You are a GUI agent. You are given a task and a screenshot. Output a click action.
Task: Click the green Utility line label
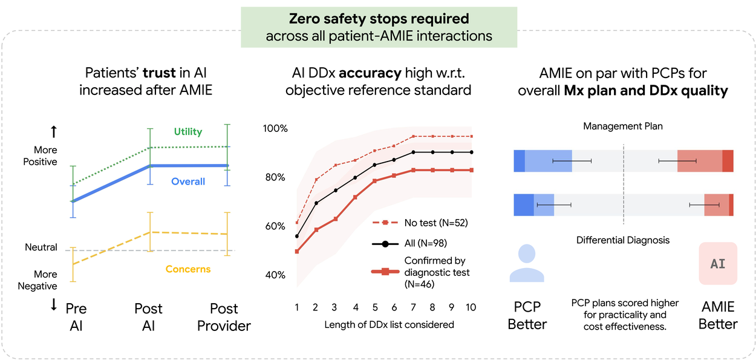point(187,131)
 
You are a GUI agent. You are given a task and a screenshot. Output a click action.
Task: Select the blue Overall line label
point(187,182)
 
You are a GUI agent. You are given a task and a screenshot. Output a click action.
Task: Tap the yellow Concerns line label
point(188,269)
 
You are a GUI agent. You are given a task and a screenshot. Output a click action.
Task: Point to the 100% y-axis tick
point(275,129)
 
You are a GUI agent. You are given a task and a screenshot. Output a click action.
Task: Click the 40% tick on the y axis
point(275,275)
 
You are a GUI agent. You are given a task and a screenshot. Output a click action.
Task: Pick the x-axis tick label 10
point(471,307)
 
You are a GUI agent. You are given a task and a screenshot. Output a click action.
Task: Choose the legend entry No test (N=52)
point(436,223)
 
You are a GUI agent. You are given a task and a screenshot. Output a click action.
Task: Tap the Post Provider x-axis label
point(224,317)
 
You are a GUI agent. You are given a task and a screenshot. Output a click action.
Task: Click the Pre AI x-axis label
point(76,317)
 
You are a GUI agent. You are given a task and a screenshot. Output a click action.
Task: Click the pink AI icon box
point(718,264)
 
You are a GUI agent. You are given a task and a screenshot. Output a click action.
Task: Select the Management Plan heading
point(622,126)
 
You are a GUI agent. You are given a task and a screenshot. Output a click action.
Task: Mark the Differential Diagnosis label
point(622,240)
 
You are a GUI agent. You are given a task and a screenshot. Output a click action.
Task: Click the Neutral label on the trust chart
point(41,247)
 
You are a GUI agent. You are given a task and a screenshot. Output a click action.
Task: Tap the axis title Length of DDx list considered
point(389,325)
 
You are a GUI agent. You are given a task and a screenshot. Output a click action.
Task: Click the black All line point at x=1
point(297,236)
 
